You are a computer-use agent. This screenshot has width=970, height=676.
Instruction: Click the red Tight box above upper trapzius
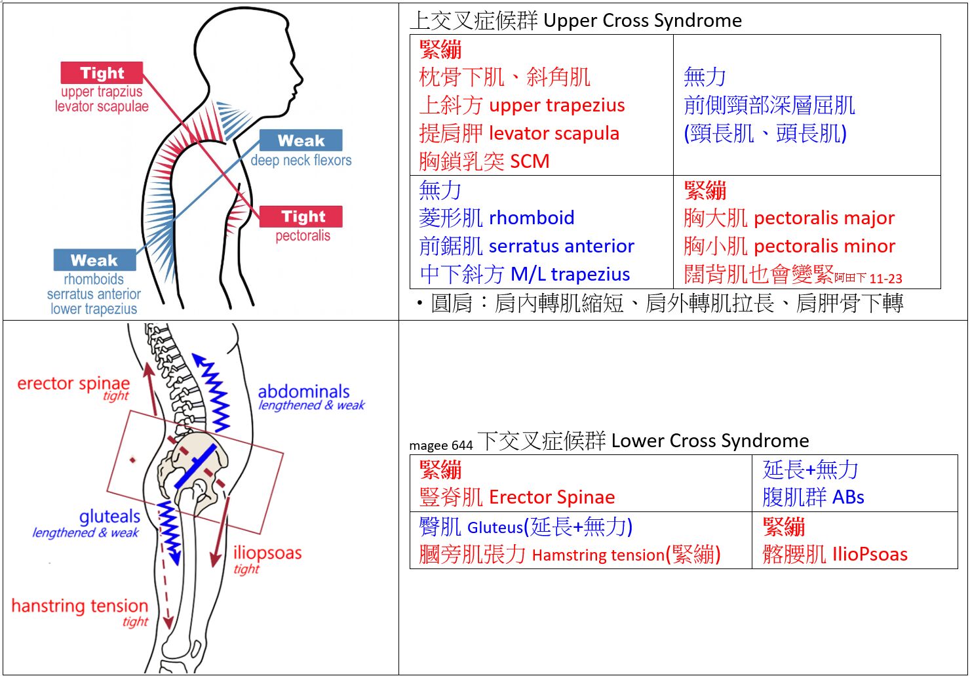102,73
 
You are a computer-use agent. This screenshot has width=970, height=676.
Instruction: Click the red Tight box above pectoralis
301,216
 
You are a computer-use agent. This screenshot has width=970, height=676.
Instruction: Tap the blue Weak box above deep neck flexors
301,140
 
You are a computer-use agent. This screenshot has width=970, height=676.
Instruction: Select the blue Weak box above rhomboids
94,260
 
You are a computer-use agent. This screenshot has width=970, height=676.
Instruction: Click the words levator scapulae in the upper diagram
102,106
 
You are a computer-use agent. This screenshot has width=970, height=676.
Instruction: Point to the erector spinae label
73,384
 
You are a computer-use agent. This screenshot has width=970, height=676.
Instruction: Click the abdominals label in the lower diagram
303,391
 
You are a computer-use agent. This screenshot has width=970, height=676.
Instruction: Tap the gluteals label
109,517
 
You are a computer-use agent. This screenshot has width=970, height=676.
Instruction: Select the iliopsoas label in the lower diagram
267,553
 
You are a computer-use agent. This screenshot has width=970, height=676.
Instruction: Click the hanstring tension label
79,606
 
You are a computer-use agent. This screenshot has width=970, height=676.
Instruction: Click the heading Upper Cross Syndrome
642,21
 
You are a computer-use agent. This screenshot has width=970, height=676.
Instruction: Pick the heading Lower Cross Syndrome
710,441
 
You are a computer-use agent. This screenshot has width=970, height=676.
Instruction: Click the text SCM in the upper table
530,161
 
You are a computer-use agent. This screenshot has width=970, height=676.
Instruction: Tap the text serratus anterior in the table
561,246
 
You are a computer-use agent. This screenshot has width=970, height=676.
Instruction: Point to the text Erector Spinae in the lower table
552,497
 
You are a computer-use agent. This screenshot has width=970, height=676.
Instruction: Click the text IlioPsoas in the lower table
870,555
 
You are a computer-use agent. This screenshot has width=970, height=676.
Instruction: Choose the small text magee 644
440,446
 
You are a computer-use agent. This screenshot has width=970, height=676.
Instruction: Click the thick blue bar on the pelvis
196,466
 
